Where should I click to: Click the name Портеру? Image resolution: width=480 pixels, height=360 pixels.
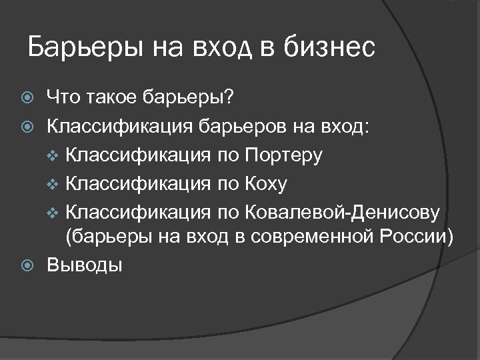(x=284, y=156)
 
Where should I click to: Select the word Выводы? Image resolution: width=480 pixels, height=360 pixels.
(x=84, y=265)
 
